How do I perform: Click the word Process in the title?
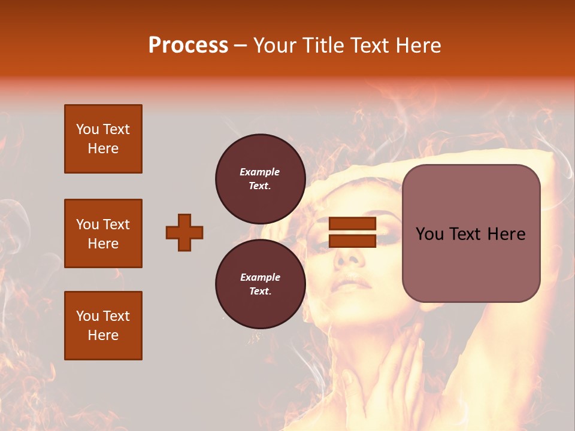[x=188, y=45]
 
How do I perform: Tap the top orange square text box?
[x=103, y=139]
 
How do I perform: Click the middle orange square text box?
[x=103, y=233]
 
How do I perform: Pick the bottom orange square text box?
[x=103, y=326]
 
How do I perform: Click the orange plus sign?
[x=184, y=232]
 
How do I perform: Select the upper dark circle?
[x=260, y=178]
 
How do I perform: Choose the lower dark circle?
[x=260, y=284]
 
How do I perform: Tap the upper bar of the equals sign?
[x=353, y=224]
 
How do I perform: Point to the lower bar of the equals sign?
[x=353, y=241]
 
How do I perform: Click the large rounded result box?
[x=471, y=233]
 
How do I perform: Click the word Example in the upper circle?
[x=260, y=172]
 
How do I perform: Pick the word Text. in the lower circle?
[x=260, y=291]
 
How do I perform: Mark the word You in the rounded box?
[x=429, y=234]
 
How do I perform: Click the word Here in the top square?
[x=103, y=148]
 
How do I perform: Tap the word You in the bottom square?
[x=87, y=316]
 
